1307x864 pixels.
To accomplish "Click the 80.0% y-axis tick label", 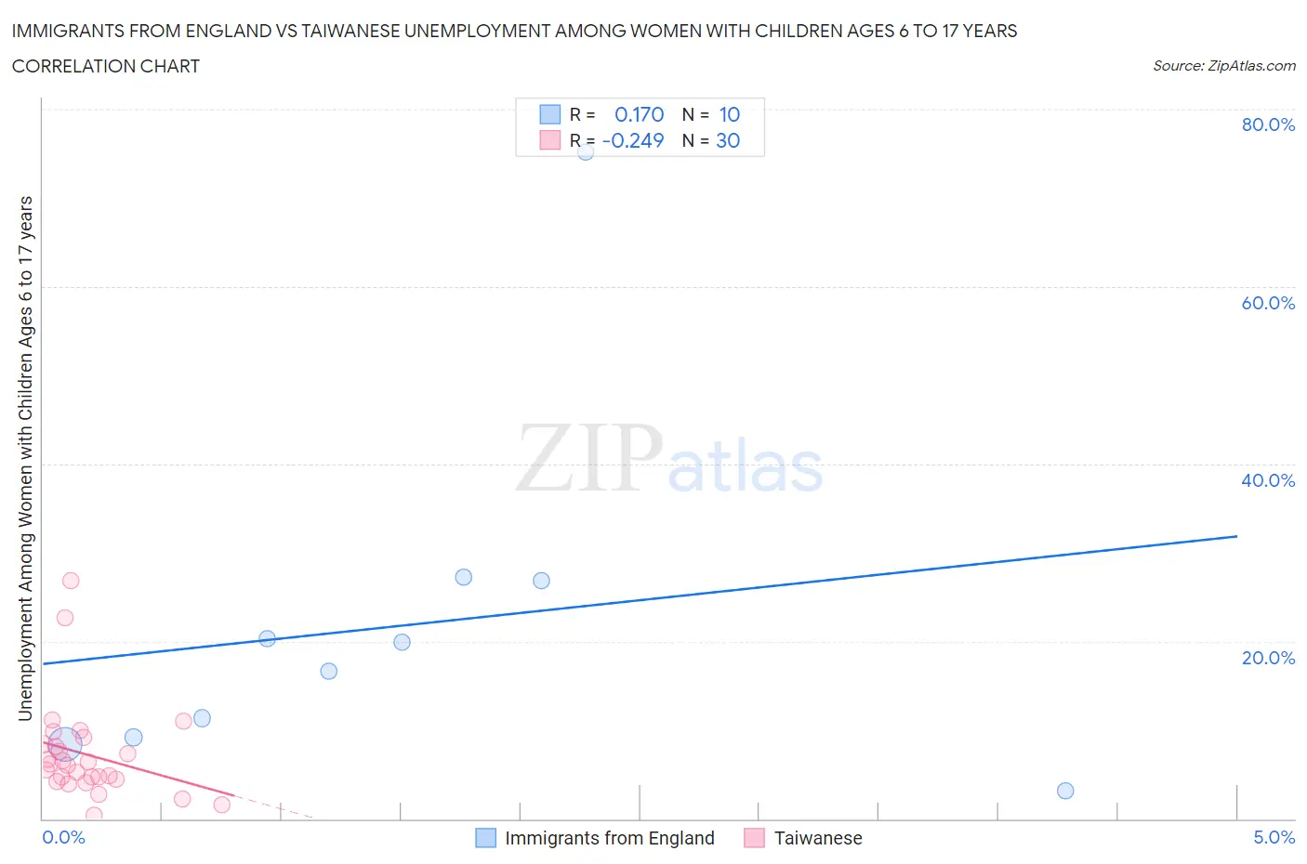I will click(x=1268, y=124).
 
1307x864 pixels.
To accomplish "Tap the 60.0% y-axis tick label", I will click(x=1268, y=303).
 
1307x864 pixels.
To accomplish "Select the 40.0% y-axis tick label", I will click(x=1268, y=480).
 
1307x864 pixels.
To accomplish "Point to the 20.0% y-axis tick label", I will click(x=1268, y=658).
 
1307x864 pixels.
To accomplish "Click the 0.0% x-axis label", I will click(x=63, y=837).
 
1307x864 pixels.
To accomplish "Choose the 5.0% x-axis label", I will click(x=1274, y=837).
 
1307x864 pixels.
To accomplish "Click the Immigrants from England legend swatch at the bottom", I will click(x=485, y=838).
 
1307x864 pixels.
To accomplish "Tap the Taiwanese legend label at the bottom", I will click(x=818, y=838).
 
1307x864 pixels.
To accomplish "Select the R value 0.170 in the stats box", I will click(x=640, y=114).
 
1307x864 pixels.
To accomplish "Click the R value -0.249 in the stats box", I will click(x=633, y=140).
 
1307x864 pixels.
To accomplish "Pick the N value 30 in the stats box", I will click(x=728, y=140).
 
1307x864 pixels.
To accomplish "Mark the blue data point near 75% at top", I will click(x=586, y=151).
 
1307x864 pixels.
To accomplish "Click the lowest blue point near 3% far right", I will click(x=1065, y=791).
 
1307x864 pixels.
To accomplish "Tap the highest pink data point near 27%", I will click(x=71, y=581).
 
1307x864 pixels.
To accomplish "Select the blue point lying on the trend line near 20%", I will click(x=267, y=638).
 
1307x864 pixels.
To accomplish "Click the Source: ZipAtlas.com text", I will click(x=1223, y=66).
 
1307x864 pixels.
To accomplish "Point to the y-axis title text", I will click(x=25, y=458).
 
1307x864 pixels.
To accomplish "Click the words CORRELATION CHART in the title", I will click(x=106, y=66).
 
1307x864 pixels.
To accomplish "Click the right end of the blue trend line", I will click(x=1236, y=536).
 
